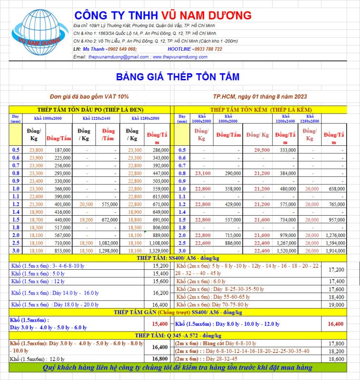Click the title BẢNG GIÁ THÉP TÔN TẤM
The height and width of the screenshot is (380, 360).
178,76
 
